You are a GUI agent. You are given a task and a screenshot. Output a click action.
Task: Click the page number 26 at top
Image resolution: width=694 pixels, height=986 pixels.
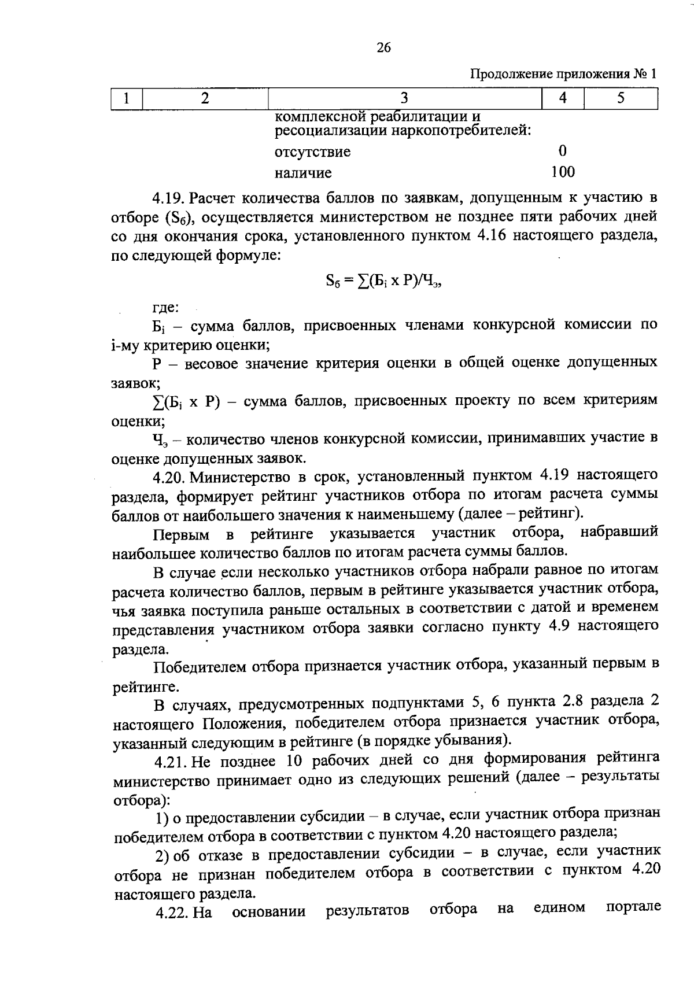(x=383, y=48)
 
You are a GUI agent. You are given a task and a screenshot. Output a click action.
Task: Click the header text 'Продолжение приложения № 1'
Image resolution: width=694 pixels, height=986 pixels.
(x=563, y=74)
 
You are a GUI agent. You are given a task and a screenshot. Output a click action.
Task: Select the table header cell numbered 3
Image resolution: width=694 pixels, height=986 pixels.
(x=404, y=98)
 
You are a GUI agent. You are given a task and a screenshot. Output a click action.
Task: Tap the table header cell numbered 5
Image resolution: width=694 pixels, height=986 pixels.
(x=621, y=98)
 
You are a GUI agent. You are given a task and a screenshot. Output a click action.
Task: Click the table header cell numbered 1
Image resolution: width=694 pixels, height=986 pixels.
(x=126, y=98)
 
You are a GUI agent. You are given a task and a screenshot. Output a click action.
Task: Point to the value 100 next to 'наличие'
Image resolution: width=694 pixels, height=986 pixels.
(x=563, y=172)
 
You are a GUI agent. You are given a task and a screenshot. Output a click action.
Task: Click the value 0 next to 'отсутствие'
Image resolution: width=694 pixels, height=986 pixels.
(x=563, y=151)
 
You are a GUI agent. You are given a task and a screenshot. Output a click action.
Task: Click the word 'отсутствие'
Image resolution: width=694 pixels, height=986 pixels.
(x=312, y=152)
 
